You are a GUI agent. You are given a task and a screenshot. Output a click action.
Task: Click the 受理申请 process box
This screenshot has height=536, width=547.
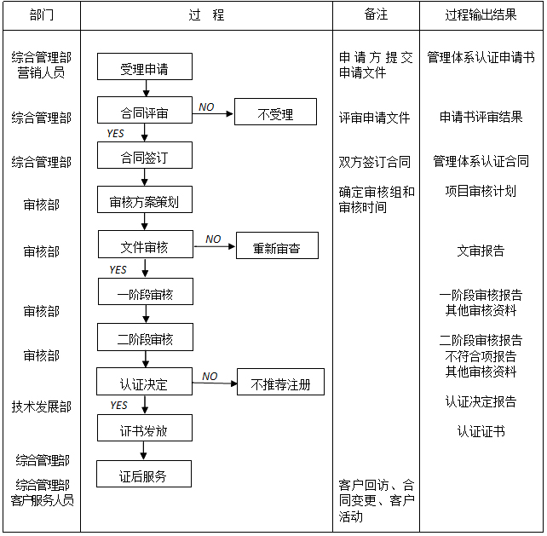coord(145,66)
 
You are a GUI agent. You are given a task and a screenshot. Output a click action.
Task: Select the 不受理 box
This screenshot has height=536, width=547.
coord(275,112)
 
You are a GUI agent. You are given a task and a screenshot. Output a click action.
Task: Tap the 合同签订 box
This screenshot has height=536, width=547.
coord(145,155)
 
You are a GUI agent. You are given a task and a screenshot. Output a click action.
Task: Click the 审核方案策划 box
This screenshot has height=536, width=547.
coord(145,199)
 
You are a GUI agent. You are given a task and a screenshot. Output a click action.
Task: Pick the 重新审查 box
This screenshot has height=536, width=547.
coord(278,245)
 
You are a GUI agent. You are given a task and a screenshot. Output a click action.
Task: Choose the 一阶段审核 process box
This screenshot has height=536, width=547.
coord(146,291)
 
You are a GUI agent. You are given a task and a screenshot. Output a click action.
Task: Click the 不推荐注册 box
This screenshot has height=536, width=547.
coord(280,382)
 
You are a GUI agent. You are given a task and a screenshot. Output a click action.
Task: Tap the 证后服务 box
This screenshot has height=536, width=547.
coord(144,474)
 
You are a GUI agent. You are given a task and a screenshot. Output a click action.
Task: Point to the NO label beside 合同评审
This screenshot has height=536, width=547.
coord(206,107)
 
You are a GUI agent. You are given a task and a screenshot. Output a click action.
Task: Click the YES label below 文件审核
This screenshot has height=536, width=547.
coord(118,270)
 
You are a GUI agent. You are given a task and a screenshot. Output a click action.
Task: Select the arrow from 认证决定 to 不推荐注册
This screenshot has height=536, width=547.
coord(215,383)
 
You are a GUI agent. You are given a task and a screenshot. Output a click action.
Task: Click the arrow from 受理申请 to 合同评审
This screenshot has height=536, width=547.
coord(147,89)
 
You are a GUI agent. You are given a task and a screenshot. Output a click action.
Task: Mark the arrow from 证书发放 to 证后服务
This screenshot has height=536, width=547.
coord(143,451)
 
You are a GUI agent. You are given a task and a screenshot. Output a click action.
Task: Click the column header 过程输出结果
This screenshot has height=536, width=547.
coord(481,15)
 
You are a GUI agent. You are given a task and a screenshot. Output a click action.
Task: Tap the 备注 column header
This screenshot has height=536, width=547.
coord(376,14)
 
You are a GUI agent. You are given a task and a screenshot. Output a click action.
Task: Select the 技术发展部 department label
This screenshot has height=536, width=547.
coord(42,406)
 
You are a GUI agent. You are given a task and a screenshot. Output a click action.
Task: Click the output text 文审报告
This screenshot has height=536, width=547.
coord(481,251)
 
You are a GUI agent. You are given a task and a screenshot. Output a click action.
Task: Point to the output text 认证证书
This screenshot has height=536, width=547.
coord(481,432)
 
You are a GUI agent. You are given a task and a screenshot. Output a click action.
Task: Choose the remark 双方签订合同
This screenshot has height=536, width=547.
coord(375,162)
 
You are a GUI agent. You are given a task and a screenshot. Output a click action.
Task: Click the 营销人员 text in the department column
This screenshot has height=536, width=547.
coord(41,72)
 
